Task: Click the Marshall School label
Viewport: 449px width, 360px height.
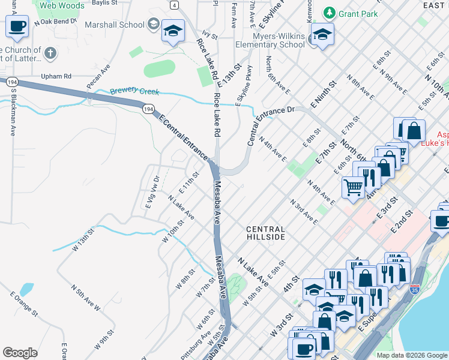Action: point(115,25)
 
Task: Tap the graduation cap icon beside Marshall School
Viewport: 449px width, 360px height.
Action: point(173,32)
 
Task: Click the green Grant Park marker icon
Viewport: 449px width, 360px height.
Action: point(329,12)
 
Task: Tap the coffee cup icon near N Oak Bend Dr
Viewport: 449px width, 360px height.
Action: point(17,27)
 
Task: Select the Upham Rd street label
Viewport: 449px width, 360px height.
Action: point(56,76)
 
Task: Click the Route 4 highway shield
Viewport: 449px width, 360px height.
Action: point(173,5)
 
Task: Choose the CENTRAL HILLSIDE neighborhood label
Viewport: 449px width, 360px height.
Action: point(265,233)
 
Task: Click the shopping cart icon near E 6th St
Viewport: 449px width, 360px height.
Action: point(353,187)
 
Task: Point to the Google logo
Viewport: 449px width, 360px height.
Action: point(20,353)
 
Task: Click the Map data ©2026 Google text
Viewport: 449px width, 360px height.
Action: point(412,355)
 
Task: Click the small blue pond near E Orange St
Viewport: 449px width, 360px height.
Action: point(26,290)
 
